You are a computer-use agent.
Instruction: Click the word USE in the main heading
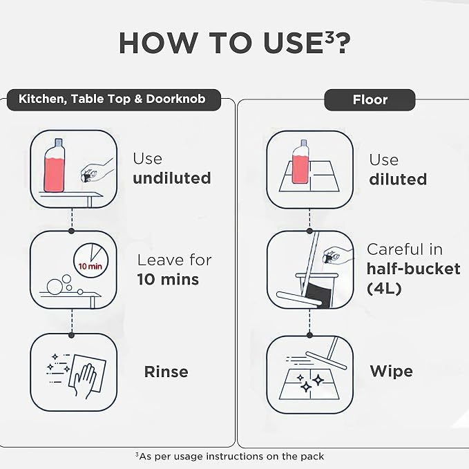(293, 43)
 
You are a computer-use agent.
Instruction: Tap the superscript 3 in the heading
(329, 37)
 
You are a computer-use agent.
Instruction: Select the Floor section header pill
(370, 100)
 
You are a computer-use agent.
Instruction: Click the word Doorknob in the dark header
(175, 99)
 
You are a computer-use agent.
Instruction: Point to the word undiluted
(172, 178)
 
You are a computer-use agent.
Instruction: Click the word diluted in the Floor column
(398, 179)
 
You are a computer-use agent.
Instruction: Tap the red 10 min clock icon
(90, 260)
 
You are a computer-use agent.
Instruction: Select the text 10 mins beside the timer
(168, 279)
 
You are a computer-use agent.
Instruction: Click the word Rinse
(166, 372)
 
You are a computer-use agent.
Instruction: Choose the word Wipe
(391, 372)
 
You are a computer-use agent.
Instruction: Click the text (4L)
(384, 289)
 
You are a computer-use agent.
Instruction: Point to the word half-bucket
(413, 269)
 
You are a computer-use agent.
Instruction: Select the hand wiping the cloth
(84, 381)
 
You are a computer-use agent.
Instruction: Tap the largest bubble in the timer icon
(55, 287)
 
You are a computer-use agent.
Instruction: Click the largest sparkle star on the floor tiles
(306, 387)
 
